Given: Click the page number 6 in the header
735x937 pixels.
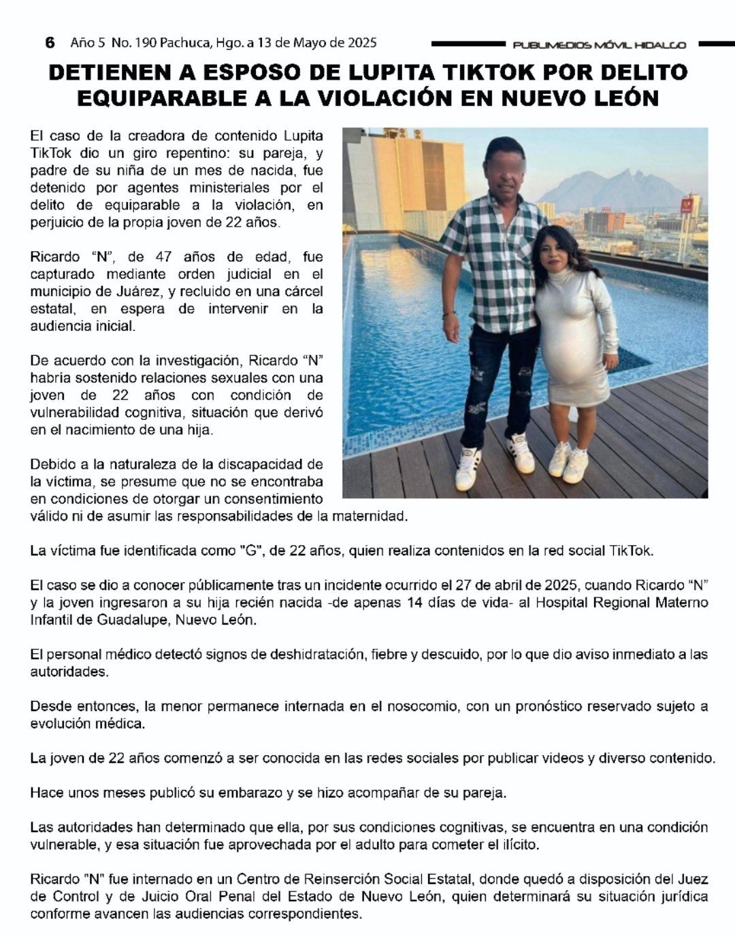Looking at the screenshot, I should point(50,43).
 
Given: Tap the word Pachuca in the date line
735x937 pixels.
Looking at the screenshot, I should point(181,43).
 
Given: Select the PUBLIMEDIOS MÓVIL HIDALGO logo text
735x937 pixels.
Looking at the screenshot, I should point(599,46).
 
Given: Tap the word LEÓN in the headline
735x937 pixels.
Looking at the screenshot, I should point(625,98).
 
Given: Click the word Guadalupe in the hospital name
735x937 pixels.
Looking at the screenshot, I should point(129,620).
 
